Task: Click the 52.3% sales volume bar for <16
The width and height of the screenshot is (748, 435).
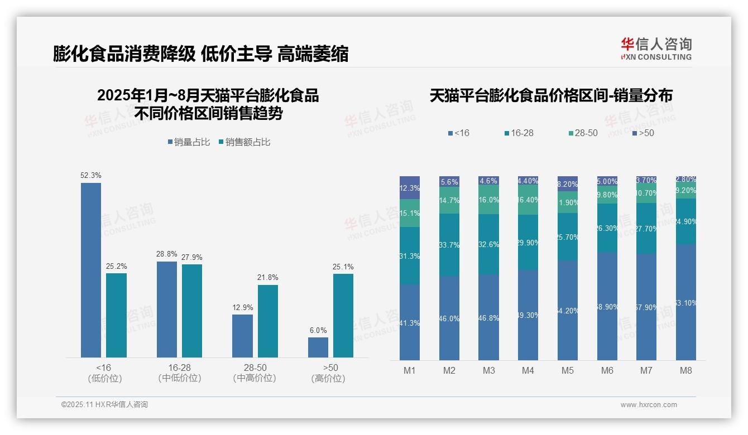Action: click(91, 270)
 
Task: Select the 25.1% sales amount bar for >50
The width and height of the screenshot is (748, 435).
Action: click(343, 315)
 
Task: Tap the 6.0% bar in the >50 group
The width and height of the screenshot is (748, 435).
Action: click(318, 347)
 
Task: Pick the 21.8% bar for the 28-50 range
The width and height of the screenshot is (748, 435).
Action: click(268, 321)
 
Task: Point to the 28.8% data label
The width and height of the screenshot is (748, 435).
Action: click(167, 254)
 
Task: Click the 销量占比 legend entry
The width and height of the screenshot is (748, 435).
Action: click(189, 142)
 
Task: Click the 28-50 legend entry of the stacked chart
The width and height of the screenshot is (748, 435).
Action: click(583, 133)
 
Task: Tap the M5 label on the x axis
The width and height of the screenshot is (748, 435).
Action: click(568, 370)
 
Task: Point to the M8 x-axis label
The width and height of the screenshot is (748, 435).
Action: click(686, 370)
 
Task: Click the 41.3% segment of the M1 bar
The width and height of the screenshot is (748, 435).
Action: click(410, 322)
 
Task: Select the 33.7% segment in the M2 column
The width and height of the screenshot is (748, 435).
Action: click(449, 245)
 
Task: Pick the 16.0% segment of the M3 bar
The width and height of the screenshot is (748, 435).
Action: click(488, 200)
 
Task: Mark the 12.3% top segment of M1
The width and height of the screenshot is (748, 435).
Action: click(410, 188)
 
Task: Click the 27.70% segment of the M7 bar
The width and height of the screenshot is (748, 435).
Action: click(646, 229)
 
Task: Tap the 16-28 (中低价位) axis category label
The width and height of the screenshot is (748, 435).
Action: click(180, 373)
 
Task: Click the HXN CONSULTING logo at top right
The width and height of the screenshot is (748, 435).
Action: click(656, 49)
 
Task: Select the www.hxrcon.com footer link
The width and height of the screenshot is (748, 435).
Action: click(649, 405)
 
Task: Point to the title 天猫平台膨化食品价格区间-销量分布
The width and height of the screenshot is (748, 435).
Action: click(551, 96)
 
